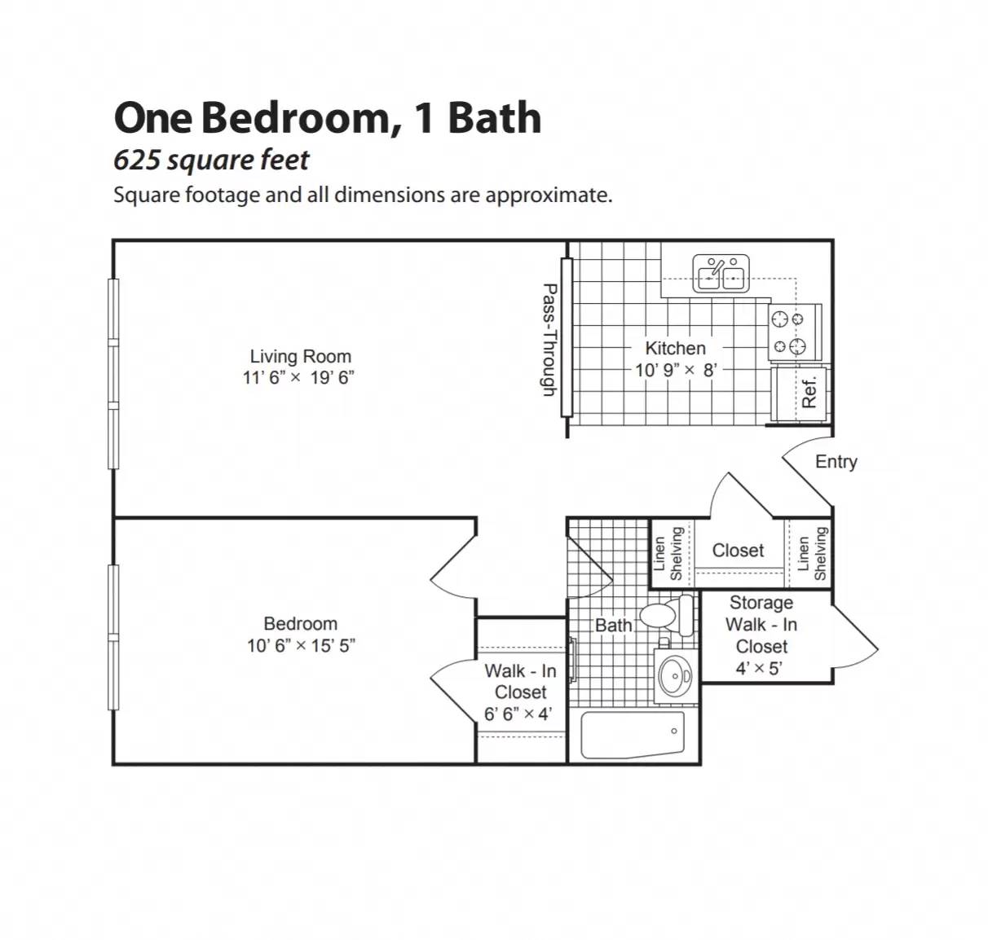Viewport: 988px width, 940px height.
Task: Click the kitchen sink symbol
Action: pos(721,274)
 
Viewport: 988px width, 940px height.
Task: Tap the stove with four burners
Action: pos(795,332)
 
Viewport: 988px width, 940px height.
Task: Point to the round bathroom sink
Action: pos(675,675)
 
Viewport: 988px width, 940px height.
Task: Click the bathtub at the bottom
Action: pos(633,735)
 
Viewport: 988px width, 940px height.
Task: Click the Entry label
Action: pos(836,462)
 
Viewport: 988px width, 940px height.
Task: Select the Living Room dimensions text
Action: pos(298,378)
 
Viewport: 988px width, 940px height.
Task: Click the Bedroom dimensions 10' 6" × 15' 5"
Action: pos(301,646)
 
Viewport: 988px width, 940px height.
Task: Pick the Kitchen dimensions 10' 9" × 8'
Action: pos(676,370)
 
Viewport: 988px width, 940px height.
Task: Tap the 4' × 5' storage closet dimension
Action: pos(759,669)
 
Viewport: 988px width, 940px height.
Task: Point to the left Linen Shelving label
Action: pos(668,553)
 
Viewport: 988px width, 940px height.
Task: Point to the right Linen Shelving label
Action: pos(812,553)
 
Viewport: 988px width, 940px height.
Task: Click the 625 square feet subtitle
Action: pos(211,160)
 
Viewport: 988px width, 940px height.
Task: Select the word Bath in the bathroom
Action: pos(613,625)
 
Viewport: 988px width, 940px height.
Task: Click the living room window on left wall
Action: pos(113,374)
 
